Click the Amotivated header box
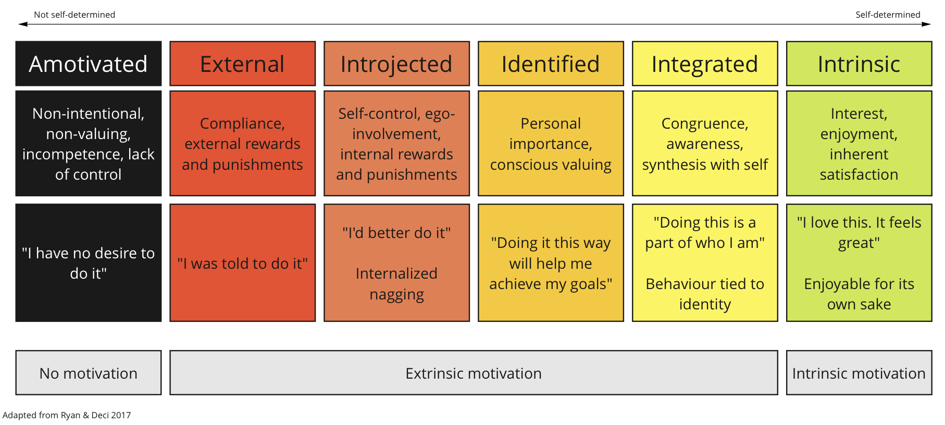88,64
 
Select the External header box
242,64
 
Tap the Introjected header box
396,64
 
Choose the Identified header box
551,64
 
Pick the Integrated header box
705,64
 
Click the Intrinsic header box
859,64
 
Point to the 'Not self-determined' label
74,15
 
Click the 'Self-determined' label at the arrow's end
888,15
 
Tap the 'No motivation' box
88,373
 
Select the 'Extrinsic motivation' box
474,373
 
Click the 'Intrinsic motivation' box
859,373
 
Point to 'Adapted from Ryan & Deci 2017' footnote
67,415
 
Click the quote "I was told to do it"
242,264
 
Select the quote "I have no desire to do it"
88,263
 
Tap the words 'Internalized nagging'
396,284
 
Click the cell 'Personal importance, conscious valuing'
551,144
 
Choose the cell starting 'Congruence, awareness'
705,144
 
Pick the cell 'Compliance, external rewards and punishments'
242,144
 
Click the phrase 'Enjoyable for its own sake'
859,294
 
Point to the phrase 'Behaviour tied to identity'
705,294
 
